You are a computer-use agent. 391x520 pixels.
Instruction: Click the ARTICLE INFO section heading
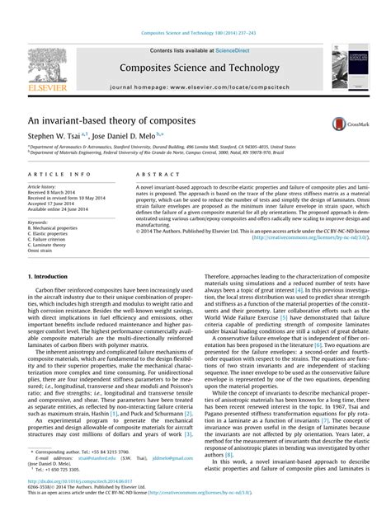[59, 176]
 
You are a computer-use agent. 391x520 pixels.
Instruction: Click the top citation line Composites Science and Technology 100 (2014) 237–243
[195, 34]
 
